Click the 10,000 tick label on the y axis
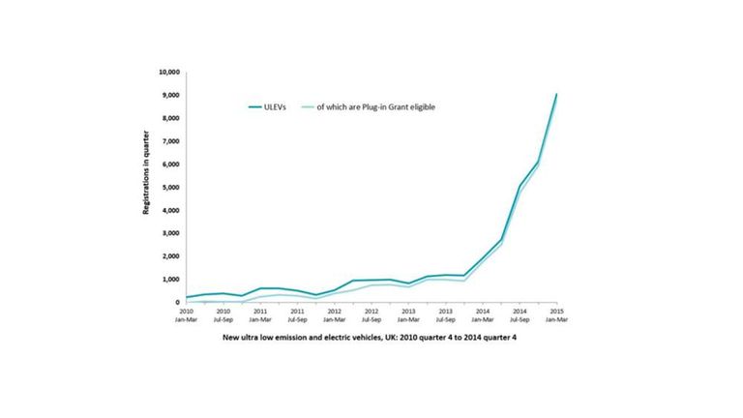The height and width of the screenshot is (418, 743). (167, 73)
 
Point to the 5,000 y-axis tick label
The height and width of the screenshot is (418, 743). (170, 188)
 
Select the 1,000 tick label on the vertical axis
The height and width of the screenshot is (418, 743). (170, 280)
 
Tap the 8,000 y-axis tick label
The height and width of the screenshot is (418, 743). (170, 118)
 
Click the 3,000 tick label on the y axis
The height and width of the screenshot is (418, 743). (170, 233)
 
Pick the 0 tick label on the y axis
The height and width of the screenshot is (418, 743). (177, 303)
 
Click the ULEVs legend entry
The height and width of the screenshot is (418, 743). (278, 106)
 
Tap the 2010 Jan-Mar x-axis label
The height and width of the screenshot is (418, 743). (186, 314)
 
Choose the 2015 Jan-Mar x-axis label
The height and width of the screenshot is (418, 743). (556, 314)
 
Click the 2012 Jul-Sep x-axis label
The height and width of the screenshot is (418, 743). (371, 314)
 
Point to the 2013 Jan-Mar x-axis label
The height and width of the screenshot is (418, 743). (407, 314)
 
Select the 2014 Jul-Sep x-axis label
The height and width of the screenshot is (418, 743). (519, 314)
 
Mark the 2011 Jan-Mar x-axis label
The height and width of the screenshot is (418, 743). (259, 314)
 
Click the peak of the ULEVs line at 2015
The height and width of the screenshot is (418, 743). (556, 94)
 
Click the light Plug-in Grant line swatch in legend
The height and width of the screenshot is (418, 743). (308, 106)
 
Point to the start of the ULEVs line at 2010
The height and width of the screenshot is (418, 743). (186, 297)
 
